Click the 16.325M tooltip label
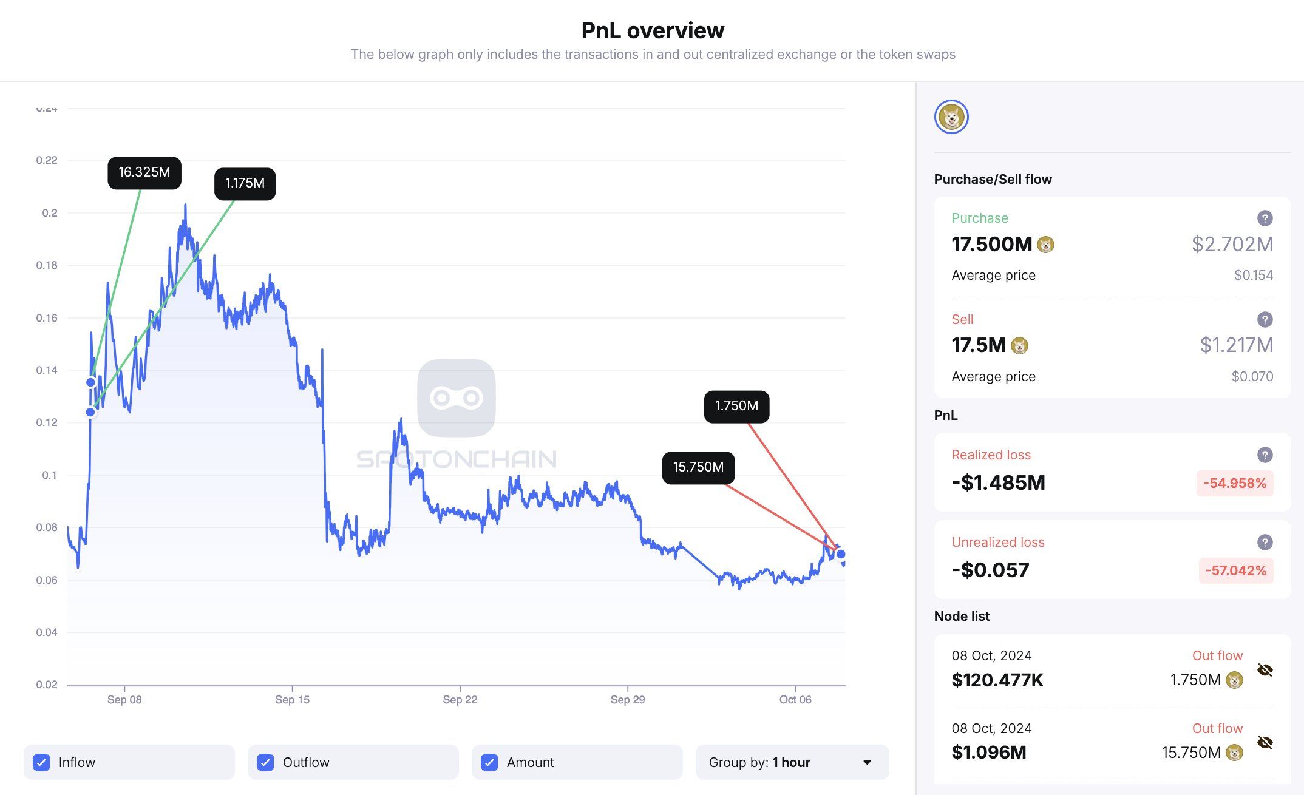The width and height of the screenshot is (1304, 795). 144,172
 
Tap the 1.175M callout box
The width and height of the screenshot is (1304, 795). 245,183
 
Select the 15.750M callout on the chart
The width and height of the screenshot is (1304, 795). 698,467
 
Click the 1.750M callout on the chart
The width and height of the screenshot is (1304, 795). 736,406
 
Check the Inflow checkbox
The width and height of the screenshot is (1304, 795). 41,762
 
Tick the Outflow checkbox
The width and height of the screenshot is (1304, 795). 265,762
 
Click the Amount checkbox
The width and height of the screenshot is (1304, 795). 489,762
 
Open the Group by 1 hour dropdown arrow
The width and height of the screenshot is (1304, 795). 867,762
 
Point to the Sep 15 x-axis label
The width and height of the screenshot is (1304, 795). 292,700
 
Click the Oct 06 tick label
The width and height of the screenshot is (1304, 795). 795,700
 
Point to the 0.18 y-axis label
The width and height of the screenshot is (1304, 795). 47,265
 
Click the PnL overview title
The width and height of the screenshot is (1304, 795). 653,30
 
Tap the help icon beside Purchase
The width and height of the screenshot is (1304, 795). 1265,218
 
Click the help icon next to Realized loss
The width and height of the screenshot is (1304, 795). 1265,455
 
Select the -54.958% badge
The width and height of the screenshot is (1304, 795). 1234,484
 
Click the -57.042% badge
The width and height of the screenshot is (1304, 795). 1235,570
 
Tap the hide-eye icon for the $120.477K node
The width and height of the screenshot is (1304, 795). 1265,670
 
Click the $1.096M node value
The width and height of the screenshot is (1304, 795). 988,753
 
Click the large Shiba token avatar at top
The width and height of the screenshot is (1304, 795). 951,117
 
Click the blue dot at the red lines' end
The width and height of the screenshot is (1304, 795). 841,554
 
